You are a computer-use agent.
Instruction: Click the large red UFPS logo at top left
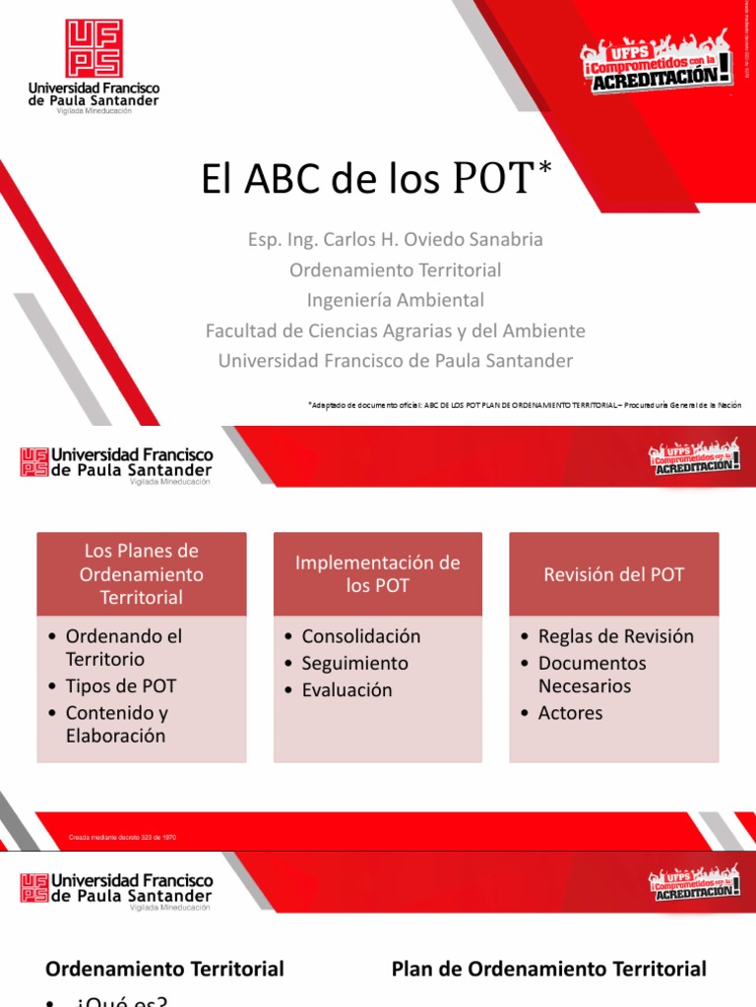94,48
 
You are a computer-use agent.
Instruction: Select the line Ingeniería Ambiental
395,300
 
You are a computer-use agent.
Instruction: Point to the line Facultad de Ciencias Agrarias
395,330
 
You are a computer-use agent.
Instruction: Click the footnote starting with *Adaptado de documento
524,404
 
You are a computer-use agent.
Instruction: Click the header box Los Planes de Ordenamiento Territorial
141,574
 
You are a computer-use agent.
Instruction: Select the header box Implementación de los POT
378,574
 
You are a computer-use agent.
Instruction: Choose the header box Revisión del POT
613,574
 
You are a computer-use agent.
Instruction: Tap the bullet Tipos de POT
120,685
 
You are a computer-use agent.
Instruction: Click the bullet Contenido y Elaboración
115,724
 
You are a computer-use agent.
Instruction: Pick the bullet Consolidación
360,636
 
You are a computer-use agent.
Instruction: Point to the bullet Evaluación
346,690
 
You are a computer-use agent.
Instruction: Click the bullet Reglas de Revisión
615,636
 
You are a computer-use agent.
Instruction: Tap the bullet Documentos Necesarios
592,674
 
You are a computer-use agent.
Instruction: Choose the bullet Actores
570,713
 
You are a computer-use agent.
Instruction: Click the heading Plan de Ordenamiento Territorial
548,970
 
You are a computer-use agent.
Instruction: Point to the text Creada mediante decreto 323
122,837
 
